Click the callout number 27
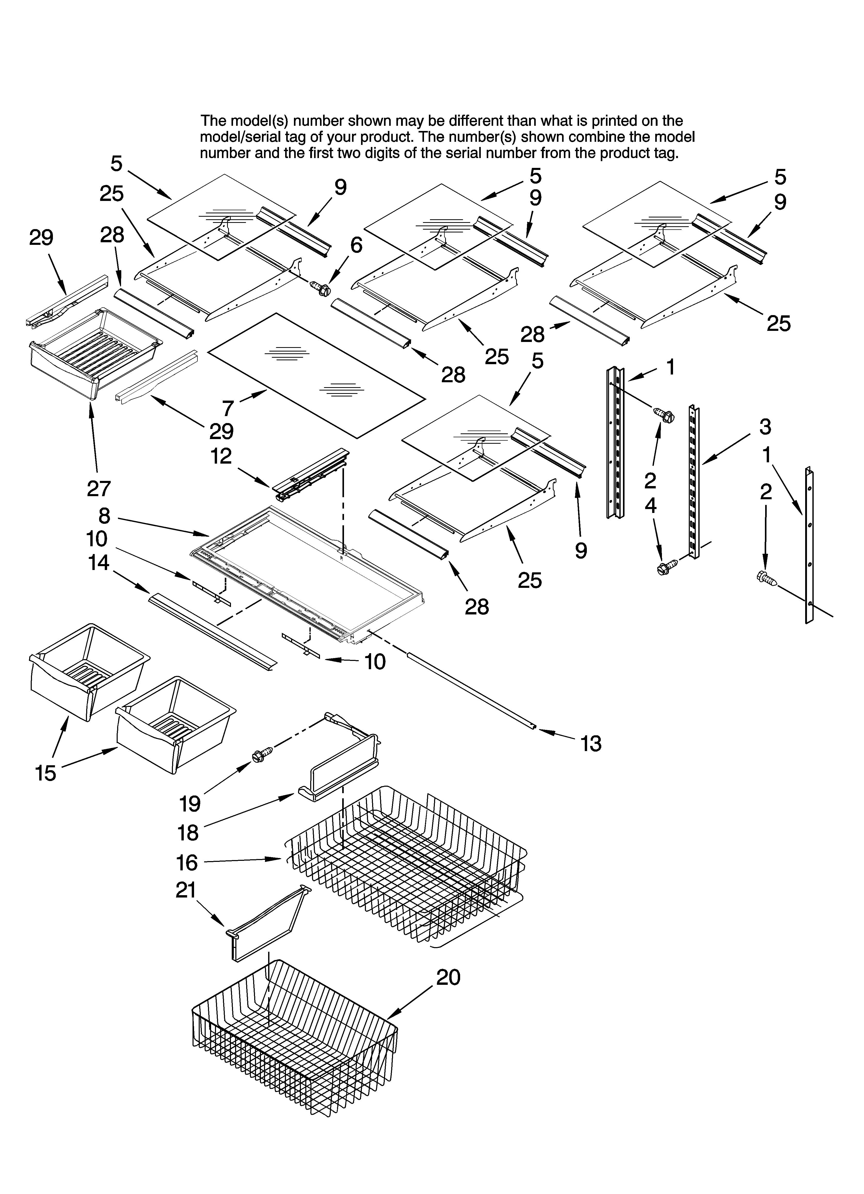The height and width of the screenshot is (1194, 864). [98, 489]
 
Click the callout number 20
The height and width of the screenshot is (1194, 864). [448, 978]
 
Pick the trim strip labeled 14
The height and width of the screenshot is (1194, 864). [211, 629]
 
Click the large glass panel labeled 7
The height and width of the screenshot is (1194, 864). [316, 375]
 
